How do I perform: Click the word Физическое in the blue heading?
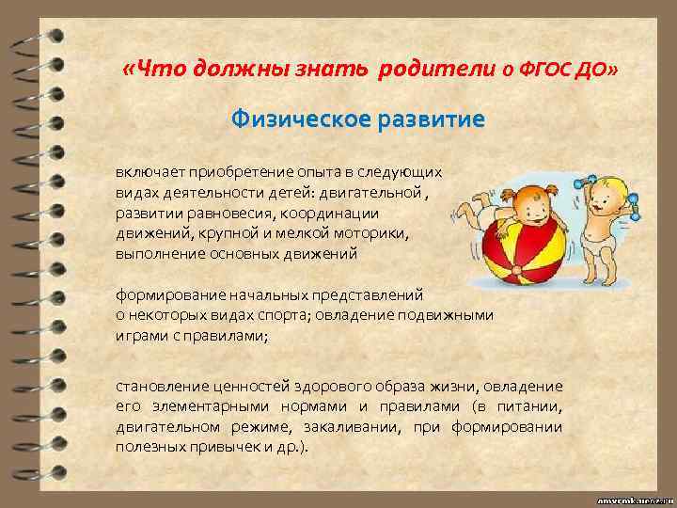pyautogui.click(x=293, y=120)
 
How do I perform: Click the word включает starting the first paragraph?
pyautogui.click(x=149, y=173)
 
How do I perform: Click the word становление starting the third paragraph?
pyautogui.click(x=161, y=386)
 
